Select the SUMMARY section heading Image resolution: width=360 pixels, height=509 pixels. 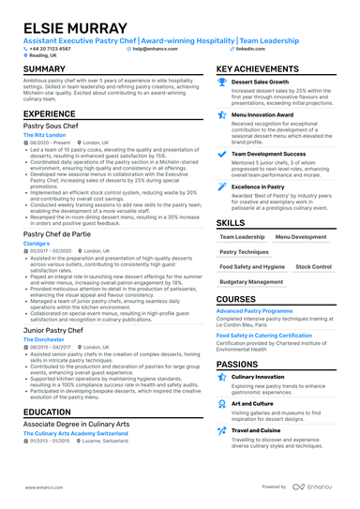click(44, 69)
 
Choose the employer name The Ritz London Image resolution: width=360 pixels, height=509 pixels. click(44, 136)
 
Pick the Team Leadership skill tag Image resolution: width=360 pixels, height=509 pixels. click(242, 237)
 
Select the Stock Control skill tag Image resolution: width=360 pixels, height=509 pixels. click(312, 266)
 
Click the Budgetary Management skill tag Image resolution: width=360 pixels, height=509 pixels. click(250, 281)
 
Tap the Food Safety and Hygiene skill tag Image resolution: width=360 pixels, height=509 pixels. click(253, 266)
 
